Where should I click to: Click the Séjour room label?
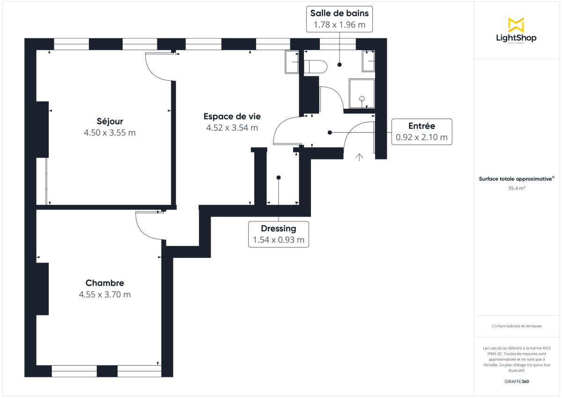click(110, 122)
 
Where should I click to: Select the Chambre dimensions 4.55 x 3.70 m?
click(105, 295)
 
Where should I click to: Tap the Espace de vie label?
click(232, 116)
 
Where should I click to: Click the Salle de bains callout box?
click(340, 19)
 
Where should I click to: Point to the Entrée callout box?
click(421, 132)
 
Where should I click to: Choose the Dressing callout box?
click(278, 234)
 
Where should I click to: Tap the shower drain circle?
click(362, 98)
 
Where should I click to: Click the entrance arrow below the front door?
click(359, 157)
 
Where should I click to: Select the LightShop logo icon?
click(516, 25)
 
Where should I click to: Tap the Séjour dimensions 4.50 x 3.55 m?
click(110, 133)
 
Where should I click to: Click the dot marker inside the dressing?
click(279, 178)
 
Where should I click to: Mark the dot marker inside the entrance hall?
click(330, 133)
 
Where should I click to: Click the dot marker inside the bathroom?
click(340, 65)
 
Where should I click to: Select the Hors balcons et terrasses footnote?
click(517, 326)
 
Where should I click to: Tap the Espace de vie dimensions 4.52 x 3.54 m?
click(232, 127)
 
